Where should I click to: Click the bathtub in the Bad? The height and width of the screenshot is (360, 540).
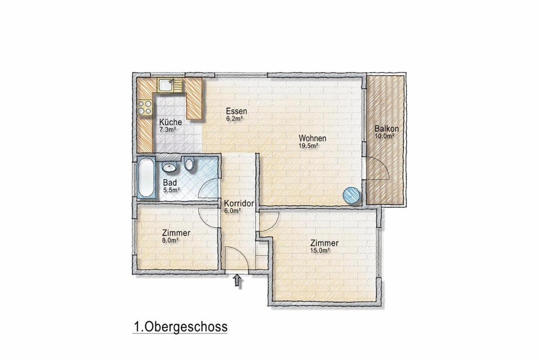[x=146, y=178]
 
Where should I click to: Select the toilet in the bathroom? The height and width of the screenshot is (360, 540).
[x=189, y=163]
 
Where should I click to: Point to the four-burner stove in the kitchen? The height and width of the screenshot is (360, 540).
[x=144, y=107]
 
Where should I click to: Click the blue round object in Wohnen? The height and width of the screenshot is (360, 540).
[x=351, y=195]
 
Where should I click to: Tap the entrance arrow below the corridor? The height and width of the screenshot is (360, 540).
[x=237, y=280]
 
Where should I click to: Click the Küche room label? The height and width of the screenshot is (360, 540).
[x=170, y=122]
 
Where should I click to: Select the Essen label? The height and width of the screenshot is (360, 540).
[x=236, y=111]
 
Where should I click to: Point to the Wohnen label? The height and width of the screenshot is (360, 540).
[x=312, y=138]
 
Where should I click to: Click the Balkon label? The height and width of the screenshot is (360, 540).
[x=386, y=129]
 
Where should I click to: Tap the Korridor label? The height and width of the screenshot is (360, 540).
[x=239, y=203]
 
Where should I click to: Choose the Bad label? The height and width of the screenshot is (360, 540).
[x=170, y=182]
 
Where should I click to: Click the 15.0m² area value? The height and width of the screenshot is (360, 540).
[x=320, y=251]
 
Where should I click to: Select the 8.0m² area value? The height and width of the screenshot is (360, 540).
[x=170, y=241]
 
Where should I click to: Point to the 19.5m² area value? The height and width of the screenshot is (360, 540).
[x=308, y=145]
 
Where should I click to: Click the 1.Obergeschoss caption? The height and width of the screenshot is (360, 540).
[x=180, y=326]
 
